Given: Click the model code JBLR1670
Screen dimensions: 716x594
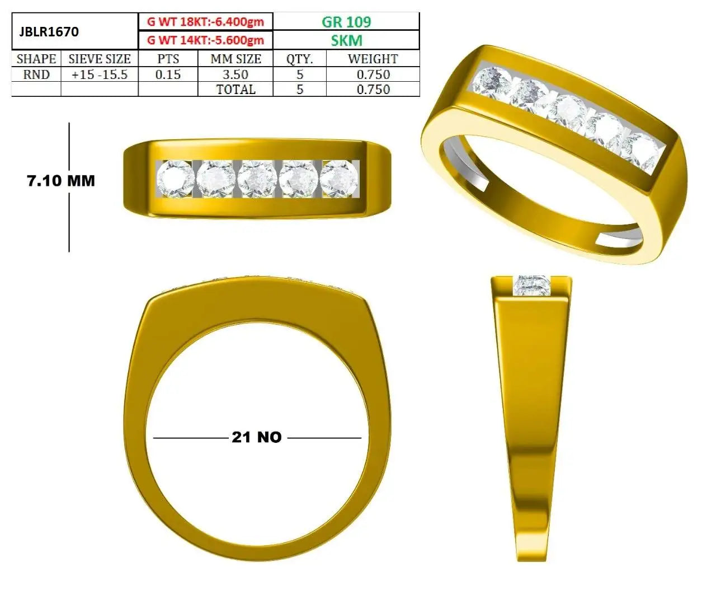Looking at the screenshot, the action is point(49,32).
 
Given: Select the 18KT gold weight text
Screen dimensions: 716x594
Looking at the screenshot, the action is point(205,22).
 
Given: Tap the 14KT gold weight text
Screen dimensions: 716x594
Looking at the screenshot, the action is point(205,40).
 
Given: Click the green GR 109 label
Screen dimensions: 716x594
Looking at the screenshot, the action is point(346,22).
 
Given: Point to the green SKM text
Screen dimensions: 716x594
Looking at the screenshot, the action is point(346,40).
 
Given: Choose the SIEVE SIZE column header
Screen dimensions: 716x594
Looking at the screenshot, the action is point(100,59).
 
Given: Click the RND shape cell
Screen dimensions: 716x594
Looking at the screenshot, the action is point(36,74).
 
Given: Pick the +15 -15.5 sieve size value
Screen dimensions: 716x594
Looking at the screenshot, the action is point(100,74).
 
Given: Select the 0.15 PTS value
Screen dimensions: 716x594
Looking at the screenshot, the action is point(168,74).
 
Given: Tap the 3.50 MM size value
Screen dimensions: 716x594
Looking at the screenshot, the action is point(235,74).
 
